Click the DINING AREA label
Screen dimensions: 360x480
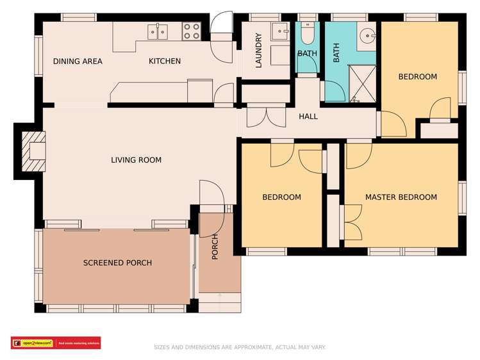pyautogui.click(x=78, y=61)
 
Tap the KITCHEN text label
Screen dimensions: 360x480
pyautogui.click(x=165, y=61)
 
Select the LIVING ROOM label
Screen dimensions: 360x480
pyautogui.click(x=136, y=160)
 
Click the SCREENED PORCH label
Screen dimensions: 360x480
pyautogui.click(x=117, y=263)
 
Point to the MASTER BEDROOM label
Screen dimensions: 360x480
pyautogui.click(x=401, y=197)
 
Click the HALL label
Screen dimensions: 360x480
pyautogui.click(x=308, y=117)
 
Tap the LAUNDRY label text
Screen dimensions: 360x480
pyautogui.click(x=259, y=51)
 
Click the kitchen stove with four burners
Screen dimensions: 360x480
pyautogui.click(x=191, y=31)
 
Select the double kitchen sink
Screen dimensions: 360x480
pyautogui.click(x=158, y=30)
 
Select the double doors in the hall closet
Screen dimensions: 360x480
pyautogui.click(x=265, y=117)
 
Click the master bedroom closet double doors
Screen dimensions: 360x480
pyautogui.click(x=352, y=222)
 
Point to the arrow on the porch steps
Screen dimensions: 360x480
pyautogui.click(x=220, y=296)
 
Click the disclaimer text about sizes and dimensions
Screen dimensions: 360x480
pyautogui.click(x=240, y=347)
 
